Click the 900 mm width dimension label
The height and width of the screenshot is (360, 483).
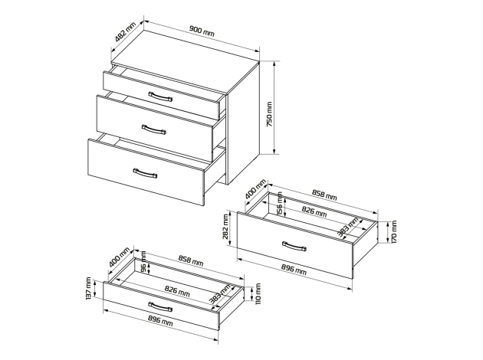point(202,31)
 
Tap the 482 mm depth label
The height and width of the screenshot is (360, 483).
point(126,31)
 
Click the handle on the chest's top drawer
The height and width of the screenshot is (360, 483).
point(160,97)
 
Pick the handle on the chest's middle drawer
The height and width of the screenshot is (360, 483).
point(153,129)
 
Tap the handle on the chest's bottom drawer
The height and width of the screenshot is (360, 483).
point(145,173)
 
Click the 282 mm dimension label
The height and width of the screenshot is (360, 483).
point(226,228)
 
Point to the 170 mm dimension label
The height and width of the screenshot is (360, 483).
point(394,231)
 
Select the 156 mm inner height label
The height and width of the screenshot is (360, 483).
point(280,203)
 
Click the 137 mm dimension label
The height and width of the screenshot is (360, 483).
point(88,288)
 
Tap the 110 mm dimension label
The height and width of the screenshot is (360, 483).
point(258,293)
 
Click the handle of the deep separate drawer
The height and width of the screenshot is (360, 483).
point(294,246)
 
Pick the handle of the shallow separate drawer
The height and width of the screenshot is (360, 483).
point(160,307)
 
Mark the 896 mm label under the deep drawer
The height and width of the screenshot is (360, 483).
point(294,270)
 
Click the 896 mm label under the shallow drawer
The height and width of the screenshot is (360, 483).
point(160,320)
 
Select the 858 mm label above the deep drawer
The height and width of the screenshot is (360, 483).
point(324,195)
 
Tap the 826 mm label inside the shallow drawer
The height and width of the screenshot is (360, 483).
point(177,291)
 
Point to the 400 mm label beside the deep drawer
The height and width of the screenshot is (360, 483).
point(255,189)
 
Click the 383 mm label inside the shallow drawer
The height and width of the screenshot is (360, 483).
point(219,294)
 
